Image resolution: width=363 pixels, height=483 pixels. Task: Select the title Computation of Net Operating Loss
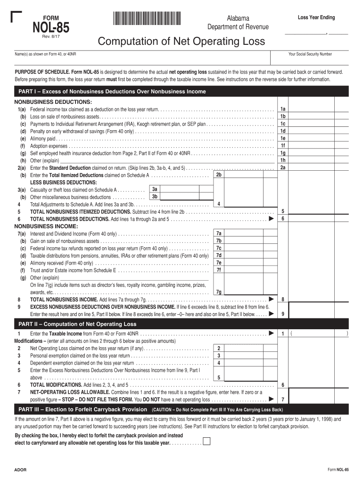tap(181, 42)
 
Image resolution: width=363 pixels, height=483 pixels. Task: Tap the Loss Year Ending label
tap(316, 17)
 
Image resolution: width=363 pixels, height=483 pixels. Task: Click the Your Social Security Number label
tap(310, 54)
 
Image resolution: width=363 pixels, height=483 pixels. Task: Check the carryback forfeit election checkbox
tap(206, 441)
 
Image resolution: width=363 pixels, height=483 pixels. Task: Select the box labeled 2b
tap(218, 175)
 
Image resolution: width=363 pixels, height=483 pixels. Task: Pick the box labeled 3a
tap(155, 189)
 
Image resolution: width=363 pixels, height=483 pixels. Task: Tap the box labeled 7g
tap(218, 292)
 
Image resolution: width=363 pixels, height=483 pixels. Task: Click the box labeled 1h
tap(283, 160)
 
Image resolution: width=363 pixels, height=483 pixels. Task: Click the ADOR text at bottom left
tap(20, 471)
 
